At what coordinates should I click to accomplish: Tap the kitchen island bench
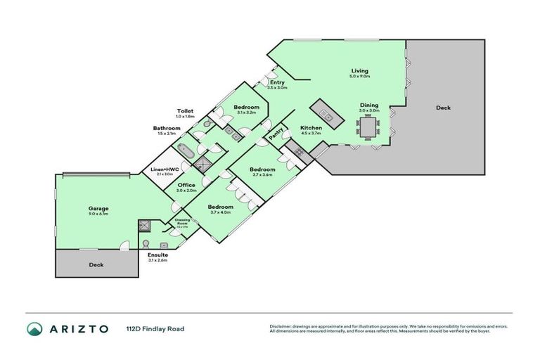click(x=325, y=110)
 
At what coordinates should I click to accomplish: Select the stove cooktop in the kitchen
click(x=298, y=151)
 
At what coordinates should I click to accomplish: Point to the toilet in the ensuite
click(x=146, y=243)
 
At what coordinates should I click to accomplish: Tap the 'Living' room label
click(x=360, y=71)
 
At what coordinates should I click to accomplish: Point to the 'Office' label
click(x=186, y=185)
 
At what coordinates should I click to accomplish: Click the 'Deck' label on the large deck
click(x=443, y=108)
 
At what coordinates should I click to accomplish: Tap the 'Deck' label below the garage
click(x=96, y=265)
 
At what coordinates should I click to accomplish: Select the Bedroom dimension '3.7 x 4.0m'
click(x=220, y=213)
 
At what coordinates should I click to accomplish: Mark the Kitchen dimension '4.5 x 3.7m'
click(x=311, y=134)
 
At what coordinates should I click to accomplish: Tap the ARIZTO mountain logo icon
click(x=34, y=328)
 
